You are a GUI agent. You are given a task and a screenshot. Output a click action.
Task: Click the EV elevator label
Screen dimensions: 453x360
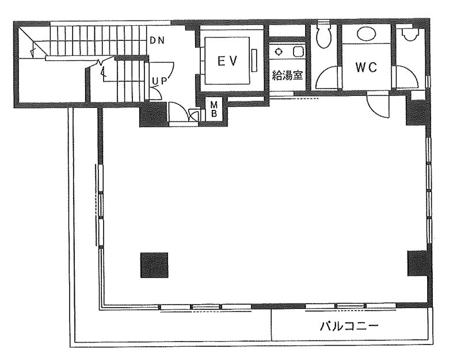pos(227,61)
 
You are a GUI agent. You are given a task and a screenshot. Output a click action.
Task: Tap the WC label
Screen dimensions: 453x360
pos(366,67)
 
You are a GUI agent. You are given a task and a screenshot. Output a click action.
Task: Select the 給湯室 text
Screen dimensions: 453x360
pos(287,75)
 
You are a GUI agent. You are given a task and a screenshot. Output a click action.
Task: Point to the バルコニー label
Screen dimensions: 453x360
pos(349,326)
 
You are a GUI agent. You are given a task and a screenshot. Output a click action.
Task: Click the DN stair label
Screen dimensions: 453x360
pos(157,41)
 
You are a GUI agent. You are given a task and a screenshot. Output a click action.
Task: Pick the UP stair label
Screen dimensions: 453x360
pos(160,82)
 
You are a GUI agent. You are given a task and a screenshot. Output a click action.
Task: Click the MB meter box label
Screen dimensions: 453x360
pos(214,109)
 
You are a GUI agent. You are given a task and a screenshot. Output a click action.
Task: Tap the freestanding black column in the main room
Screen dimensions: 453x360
pos(154,265)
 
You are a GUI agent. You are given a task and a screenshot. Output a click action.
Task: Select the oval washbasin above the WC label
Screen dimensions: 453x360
pos(366,34)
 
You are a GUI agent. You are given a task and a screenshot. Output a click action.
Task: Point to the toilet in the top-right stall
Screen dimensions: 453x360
pos(410,35)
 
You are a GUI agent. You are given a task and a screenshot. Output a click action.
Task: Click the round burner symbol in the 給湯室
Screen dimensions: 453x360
pos(279,52)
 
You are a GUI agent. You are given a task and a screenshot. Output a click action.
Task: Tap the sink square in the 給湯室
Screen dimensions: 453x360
pos(298,52)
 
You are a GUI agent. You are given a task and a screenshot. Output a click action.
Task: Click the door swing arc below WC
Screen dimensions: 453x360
pos(378,106)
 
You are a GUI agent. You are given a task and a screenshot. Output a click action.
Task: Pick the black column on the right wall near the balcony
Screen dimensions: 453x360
pos(417,263)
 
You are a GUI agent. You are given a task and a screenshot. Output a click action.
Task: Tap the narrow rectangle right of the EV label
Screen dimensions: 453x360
pos(254,60)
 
